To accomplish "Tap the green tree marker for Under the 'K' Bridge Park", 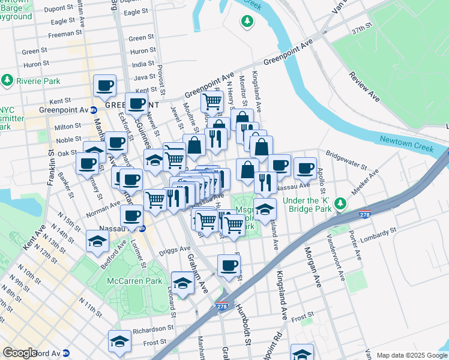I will click(x=340, y=204).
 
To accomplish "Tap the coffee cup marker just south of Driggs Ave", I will click(x=228, y=265).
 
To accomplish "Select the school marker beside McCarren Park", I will click(x=182, y=283).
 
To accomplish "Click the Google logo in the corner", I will click(x=20, y=352).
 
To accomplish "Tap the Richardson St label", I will click(x=153, y=329).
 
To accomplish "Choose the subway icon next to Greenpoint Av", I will click(x=93, y=110).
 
